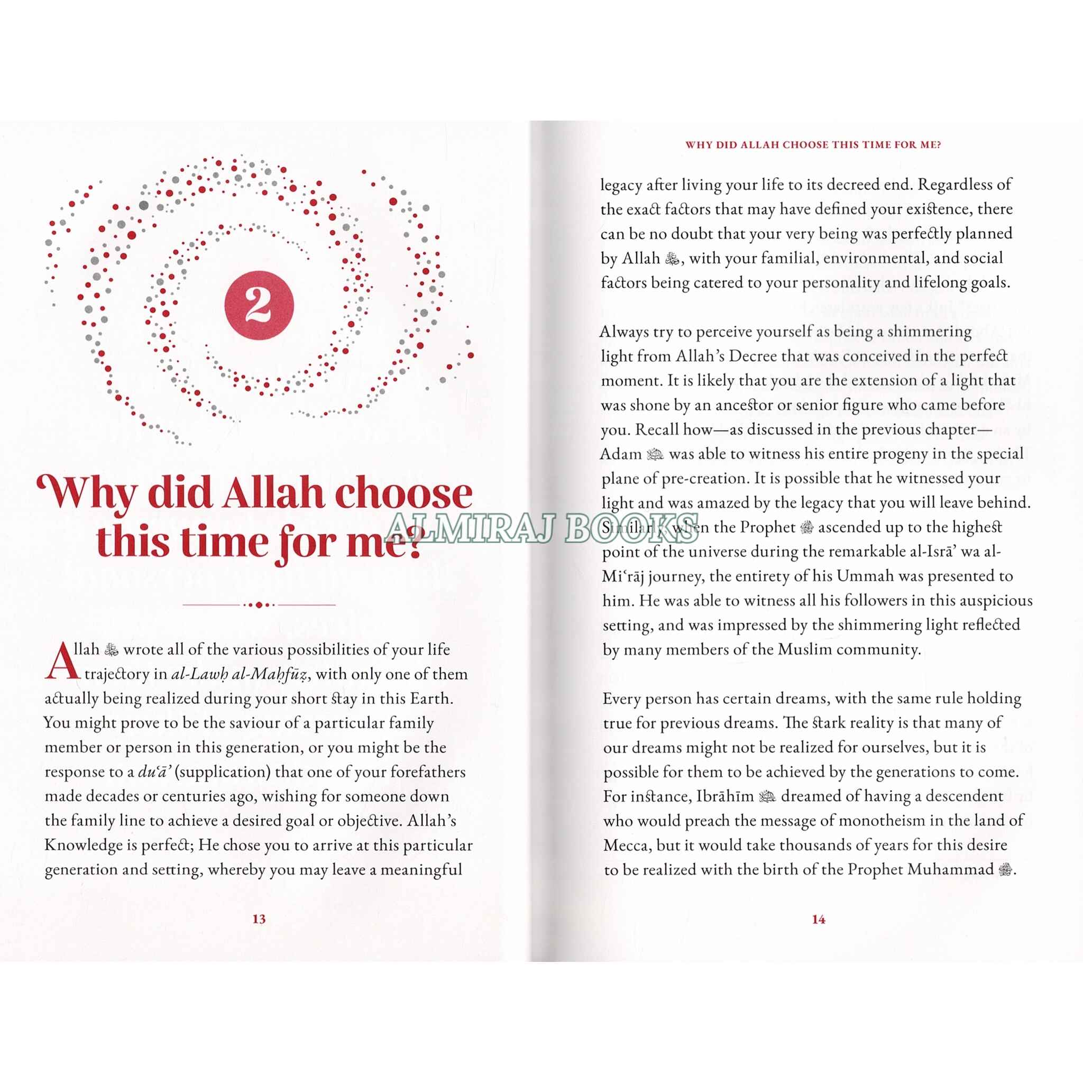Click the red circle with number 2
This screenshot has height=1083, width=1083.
pos(259,305)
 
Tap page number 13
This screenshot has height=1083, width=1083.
pos(259,919)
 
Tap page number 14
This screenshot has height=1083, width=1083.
pos(819,919)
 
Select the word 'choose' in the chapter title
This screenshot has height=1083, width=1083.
pos(403,493)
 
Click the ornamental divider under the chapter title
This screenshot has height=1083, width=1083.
pos(259,605)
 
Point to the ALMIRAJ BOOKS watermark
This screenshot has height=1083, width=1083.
pos(541,528)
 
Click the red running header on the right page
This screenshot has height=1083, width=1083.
pos(813,144)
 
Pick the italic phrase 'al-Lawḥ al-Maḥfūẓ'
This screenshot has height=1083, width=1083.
pos(240,674)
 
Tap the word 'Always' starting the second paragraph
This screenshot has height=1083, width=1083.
pos(624,332)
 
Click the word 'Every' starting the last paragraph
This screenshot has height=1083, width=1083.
pos(622,699)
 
